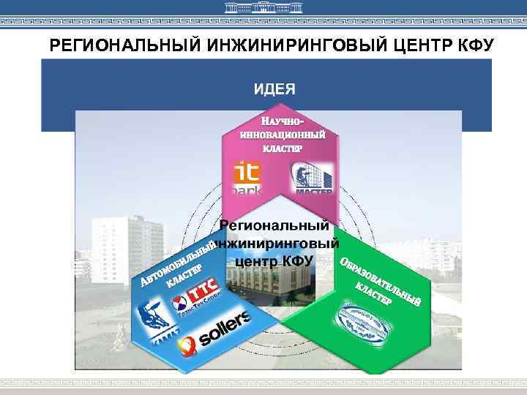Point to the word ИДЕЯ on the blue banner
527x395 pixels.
coord(274,90)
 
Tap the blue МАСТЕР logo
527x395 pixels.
coord(313,178)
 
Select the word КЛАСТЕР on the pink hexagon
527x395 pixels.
coord(282,149)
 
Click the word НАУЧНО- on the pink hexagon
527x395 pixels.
coord(283,122)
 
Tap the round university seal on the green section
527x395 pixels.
coord(363,322)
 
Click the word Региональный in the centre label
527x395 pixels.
coord(274,227)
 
